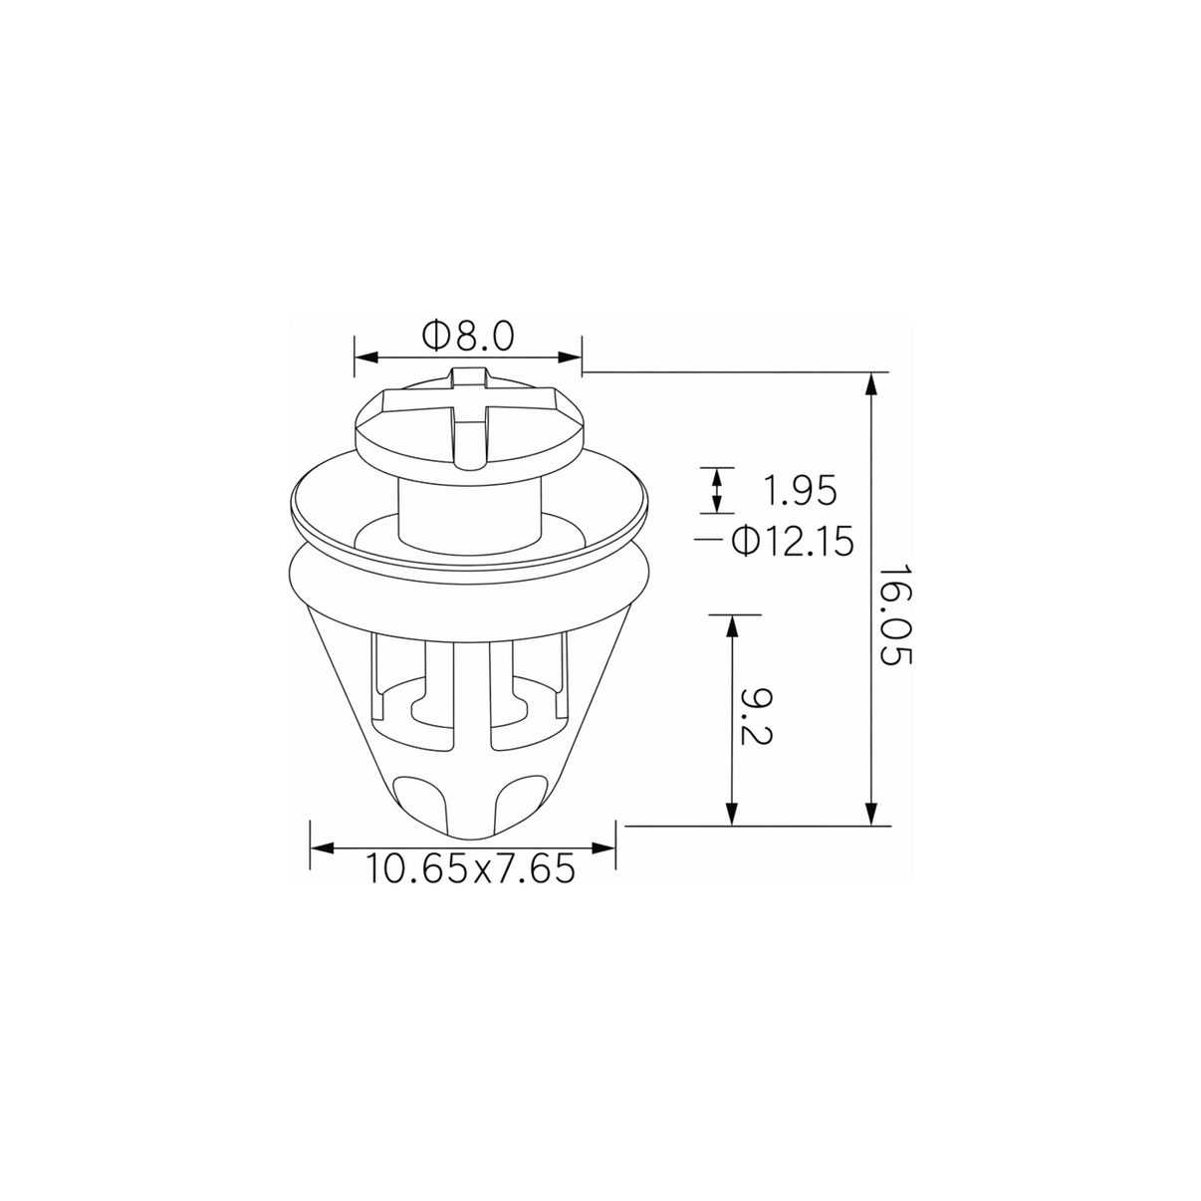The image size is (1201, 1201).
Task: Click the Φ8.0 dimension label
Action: click(468, 336)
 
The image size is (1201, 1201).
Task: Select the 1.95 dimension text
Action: click(799, 491)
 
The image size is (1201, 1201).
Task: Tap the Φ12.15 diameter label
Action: click(792, 541)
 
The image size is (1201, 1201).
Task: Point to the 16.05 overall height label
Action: click(894, 615)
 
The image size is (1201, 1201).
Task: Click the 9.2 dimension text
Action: click(757, 717)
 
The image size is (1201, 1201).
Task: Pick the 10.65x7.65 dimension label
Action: click(470, 868)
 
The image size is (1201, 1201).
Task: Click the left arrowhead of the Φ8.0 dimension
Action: click(366, 358)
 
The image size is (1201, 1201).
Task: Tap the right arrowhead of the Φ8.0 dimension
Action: click(570, 358)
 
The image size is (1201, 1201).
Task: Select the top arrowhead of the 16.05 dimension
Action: click(872, 384)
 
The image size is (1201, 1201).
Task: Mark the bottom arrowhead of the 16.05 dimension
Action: click(872, 814)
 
